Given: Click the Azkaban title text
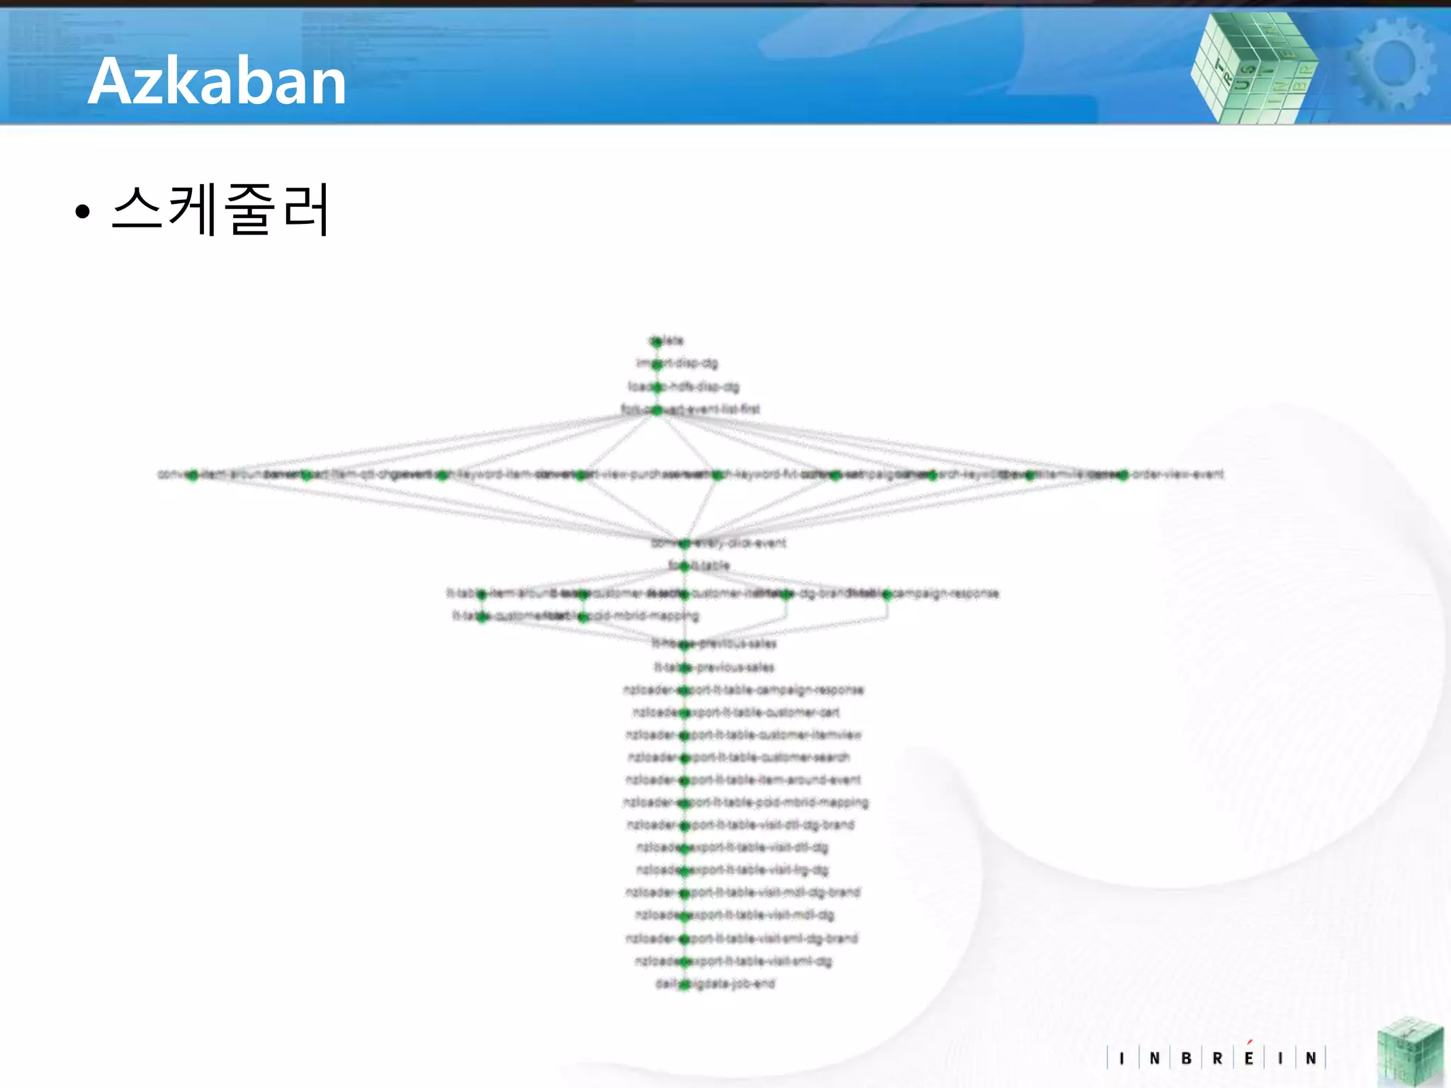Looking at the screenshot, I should click(x=217, y=81).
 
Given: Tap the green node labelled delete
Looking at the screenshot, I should click(x=657, y=341).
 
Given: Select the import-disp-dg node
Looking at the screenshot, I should click(x=657, y=364).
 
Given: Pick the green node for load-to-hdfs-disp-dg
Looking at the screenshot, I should click(x=657, y=387).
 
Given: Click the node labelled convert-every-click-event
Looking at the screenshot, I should click(x=684, y=544).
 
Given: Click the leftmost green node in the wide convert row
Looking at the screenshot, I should click(x=192, y=475).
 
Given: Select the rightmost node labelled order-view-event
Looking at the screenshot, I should click(x=1123, y=475).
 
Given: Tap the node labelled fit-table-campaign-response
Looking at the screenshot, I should click(x=887, y=594).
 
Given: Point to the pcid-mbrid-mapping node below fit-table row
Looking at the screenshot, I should click(x=583, y=617).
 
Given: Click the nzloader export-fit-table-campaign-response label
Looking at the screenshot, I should click(x=744, y=690).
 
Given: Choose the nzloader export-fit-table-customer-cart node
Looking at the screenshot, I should click(x=684, y=713).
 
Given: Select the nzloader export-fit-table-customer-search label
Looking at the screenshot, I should click(x=739, y=757).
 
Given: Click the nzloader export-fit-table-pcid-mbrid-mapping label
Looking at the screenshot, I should click(x=745, y=803).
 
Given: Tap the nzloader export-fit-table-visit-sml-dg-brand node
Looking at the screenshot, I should click(x=684, y=939).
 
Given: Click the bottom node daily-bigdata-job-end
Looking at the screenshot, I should click(x=684, y=984).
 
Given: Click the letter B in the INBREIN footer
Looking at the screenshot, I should click(x=1186, y=1058).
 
